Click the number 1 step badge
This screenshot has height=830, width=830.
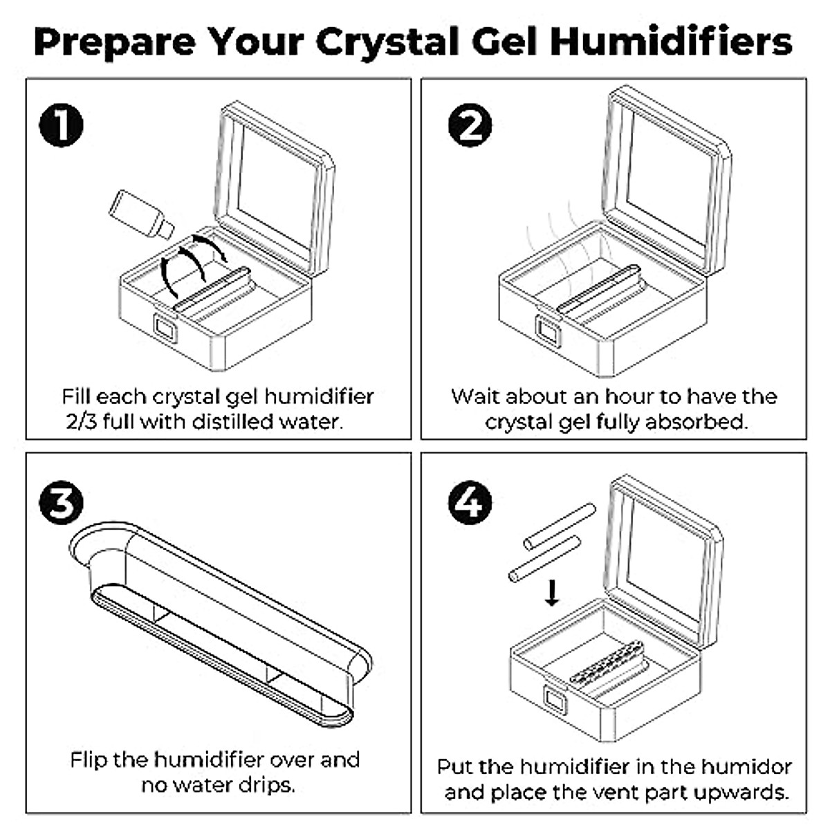coord(61,125)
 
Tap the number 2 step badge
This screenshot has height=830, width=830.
coord(470,125)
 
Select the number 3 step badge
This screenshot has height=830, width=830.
coord(61,502)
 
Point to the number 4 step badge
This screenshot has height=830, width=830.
coord(470,502)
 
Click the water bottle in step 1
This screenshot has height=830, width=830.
coord(141,214)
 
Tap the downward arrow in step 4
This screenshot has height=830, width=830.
coord(552,593)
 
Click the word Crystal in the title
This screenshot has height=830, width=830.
coord(387,43)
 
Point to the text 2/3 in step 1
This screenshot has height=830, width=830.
coord(81,422)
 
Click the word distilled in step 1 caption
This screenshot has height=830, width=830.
coord(233,421)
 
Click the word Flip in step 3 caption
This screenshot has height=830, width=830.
coord(89,759)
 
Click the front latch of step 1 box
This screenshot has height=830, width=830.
coord(165,328)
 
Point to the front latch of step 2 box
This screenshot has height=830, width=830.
coord(548,331)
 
